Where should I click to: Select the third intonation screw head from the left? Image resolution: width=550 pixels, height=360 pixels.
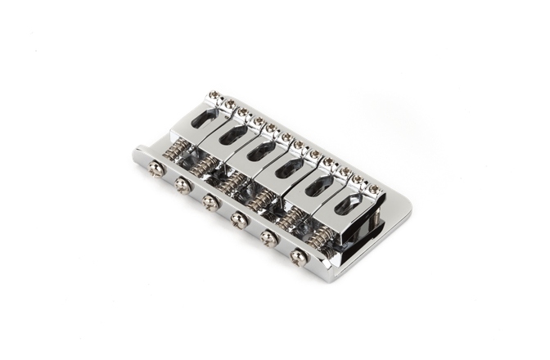[x=209, y=201]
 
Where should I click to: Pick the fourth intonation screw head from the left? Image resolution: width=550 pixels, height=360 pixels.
[x=238, y=218]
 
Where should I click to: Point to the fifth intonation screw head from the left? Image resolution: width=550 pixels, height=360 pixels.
[x=267, y=237]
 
